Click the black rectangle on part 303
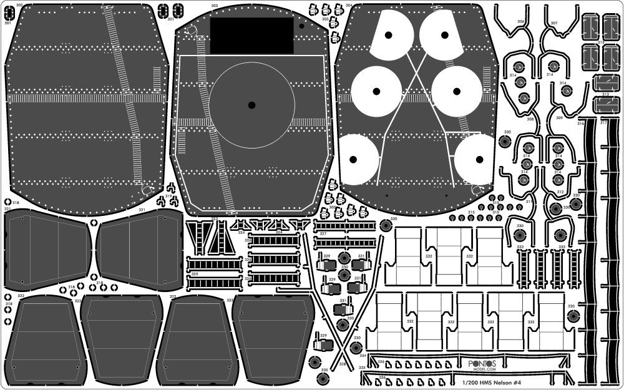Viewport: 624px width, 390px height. point(251,35)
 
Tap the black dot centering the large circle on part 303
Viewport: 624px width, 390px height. point(251,105)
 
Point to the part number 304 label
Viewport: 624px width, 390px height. point(348,6)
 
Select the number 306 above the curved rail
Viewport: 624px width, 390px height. point(520,22)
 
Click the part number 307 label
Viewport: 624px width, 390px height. point(553,23)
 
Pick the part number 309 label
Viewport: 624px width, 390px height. point(559,118)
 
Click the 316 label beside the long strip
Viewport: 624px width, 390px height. point(580,123)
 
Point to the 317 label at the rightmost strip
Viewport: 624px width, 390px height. point(603,123)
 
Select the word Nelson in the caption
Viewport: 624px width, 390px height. point(505,383)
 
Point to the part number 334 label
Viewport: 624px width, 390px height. point(363,355)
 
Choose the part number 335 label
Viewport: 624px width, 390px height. point(363,368)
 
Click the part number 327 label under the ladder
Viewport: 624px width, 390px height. point(323,234)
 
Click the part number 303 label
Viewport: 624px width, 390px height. point(215,6)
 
